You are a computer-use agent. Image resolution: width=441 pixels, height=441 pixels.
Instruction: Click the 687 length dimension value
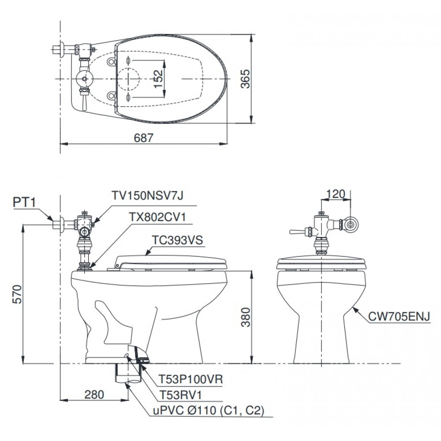[144, 138]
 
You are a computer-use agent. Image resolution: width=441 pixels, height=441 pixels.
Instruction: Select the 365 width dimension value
[245, 79]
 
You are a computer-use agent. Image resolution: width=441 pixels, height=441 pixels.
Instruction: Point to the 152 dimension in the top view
[158, 78]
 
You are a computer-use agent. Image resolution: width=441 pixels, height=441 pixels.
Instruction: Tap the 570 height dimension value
[17, 294]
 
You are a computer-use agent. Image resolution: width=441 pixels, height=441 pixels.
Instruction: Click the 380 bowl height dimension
[246, 317]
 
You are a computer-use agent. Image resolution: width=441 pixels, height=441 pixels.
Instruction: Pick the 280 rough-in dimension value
[94, 395]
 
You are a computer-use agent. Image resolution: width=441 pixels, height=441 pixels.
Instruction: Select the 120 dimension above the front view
[336, 194]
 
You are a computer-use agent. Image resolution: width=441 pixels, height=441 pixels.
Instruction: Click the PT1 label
[24, 202]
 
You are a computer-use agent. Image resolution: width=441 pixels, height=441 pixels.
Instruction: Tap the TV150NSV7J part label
[148, 195]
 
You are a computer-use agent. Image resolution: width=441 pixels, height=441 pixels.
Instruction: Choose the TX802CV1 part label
[157, 217]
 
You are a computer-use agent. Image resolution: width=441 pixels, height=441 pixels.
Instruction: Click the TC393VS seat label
[177, 240]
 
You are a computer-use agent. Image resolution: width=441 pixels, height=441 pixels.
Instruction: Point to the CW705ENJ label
[399, 317]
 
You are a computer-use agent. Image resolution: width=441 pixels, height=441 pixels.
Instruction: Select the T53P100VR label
[191, 379]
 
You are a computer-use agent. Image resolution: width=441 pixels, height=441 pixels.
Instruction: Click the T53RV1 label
[180, 395]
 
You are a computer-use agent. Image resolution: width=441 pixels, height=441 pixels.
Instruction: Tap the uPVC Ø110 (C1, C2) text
[209, 411]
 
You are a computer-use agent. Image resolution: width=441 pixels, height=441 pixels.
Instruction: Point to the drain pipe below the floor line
[128, 373]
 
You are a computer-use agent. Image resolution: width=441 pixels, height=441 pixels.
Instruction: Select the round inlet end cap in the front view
[350, 224]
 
